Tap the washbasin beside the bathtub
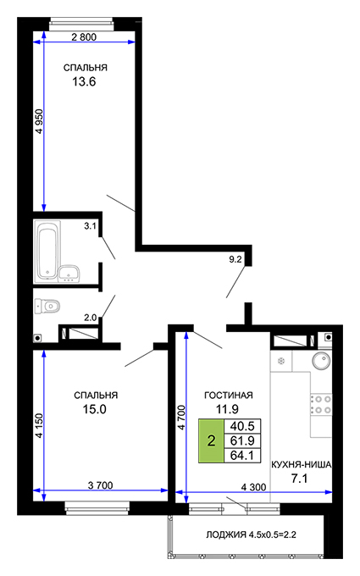pyautogui.click(x=69, y=274)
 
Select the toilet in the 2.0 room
pyautogui.click(x=47, y=306)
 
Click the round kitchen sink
pyautogui.click(x=321, y=360)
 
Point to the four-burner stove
pyautogui.click(x=321, y=404)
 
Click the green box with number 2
pyautogui.click(x=211, y=440)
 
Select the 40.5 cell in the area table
pyautogui.click(x=242, y=426)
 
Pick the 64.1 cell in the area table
pyautogui.click(x=242, y=456)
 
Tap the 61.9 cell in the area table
pyautogui.click(x=242, y=440)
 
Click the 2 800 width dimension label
pyautogui.click(x=84, y=36)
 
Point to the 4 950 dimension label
pyautogui.click(x=39, y=121)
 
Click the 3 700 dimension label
pyautogui.click(x=100, y=485)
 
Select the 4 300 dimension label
pyautogui.click(x=253, y=487)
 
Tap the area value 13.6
pyautogui.click(x=84, y=81)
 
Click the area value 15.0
pyautogui.click(x=94, y=409)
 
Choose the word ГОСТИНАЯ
pyautogui.click(x=229, y=396)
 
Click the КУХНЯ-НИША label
pyautogui.click(x=302, y=465)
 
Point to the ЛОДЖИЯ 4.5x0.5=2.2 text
pyautogui.click(x=251, y=534)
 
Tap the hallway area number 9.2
pyautogui.click(x=235, y=259)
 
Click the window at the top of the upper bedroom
pyautogui.click(x=81, y=25)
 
